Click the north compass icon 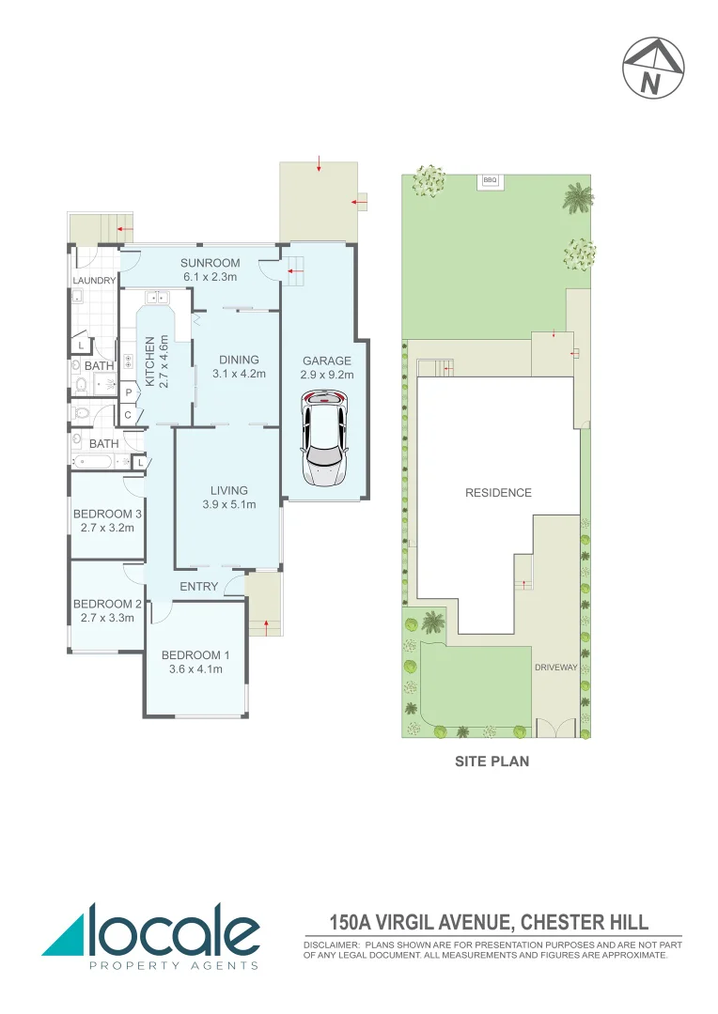point(652,68)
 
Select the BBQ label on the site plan point(489,179)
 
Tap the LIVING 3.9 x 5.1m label point(229,497)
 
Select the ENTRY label point(198,587)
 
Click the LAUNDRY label point(94,281)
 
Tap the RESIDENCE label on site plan point(498,493)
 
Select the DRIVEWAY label point(555,668)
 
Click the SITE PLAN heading point(492,761)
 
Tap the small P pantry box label point(128,394)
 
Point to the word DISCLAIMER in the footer point(331,945)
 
